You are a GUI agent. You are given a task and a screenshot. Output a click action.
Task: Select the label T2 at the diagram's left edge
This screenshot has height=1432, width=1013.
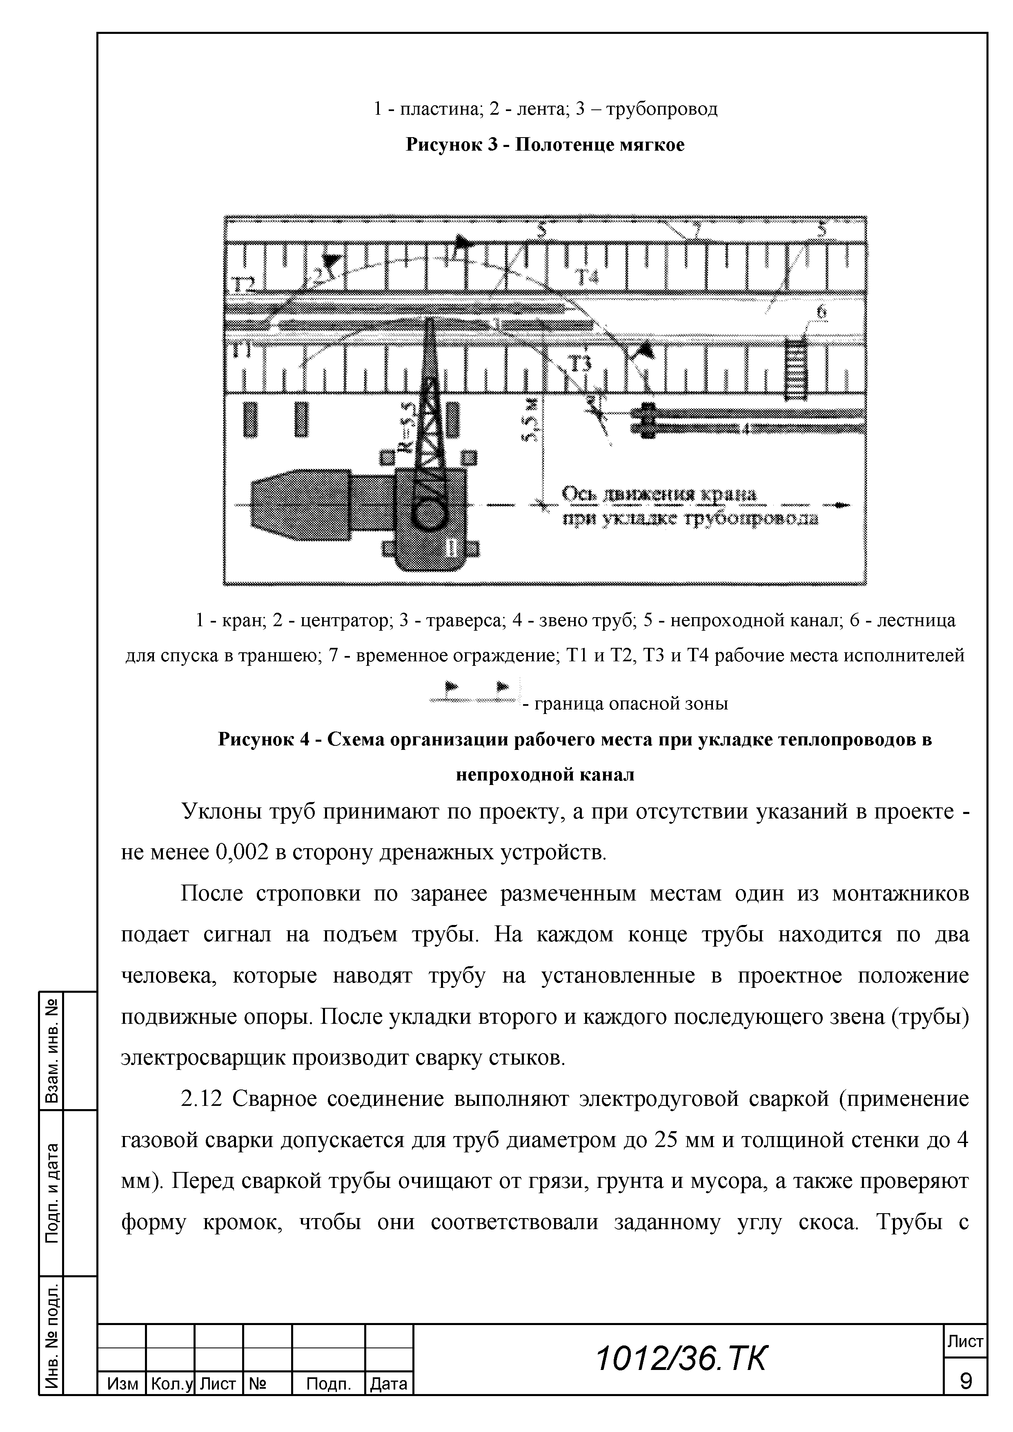[245, 285]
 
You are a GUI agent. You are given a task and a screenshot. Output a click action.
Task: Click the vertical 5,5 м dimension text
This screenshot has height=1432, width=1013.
[530, 424]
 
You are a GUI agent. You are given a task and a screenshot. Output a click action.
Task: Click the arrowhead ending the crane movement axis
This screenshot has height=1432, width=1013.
[842, 505]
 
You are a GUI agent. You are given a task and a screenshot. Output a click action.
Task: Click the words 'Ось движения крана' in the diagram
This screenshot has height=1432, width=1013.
[659, 495]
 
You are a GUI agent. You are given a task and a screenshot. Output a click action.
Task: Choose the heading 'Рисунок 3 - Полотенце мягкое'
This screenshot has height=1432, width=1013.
[545, 145]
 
